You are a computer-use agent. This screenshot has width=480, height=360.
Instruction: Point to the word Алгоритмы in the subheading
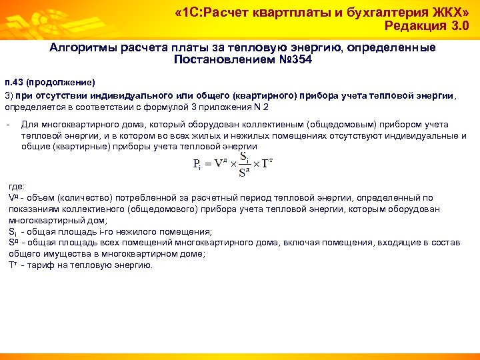(85, 48)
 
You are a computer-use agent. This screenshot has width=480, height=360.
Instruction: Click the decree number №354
(292, 60)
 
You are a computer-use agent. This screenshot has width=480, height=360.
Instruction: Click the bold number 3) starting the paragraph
(9, 95)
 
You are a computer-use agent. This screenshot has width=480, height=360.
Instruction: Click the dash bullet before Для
(7, 125)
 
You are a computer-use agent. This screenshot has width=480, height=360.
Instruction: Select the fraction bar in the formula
(245, 164)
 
